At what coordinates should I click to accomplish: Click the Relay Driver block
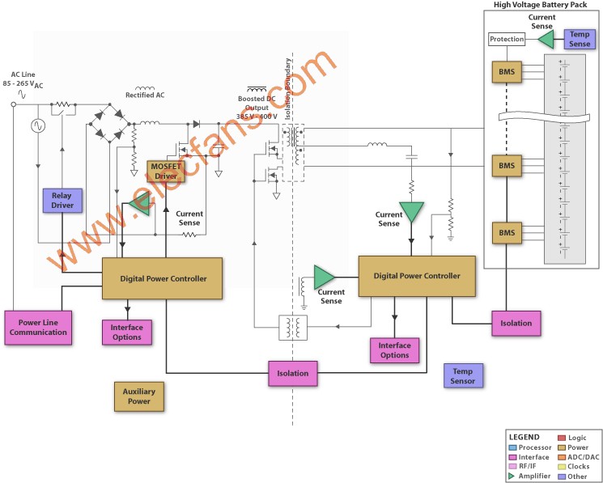point(62,200)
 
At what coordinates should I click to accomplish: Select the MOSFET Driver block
point(166,172)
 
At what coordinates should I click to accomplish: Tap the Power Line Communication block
point(38,328)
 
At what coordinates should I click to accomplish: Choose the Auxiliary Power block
point(139,396)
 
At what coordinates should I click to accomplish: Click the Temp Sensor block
point(463,375)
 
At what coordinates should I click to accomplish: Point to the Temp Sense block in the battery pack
point(580,39)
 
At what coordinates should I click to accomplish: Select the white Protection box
point(507,39)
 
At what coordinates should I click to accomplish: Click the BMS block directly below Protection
point(507,71)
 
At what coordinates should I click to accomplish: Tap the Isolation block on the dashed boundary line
point(293,373)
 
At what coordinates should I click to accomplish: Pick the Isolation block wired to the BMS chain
point(516,323)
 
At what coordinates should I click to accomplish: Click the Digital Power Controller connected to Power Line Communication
point(162,278)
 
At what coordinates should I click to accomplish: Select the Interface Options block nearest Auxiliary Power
point(127,333)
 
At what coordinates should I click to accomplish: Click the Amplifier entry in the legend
point(529,476)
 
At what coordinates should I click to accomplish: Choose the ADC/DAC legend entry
point(579,457)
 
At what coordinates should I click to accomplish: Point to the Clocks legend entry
point(574,467)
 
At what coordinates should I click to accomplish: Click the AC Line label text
point(23,74)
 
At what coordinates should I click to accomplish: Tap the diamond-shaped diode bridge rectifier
point(109,123)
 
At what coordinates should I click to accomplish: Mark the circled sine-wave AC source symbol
point(38,125)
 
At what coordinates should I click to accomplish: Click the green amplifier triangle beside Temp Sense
point(546,39)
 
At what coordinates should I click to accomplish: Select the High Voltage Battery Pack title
point(541,5)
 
